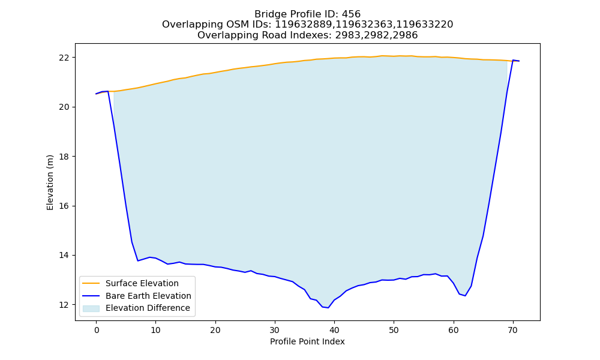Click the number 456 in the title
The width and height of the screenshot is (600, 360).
[351, 14]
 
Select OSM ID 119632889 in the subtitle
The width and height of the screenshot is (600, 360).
[304, 25]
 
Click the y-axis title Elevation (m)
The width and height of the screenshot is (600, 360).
[50, 182]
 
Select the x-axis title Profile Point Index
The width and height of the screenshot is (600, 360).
[307, 341]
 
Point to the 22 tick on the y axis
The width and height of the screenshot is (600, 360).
[64, 58]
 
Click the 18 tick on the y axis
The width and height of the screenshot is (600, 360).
[64, 157]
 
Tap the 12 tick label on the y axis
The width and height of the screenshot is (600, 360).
[64, 305]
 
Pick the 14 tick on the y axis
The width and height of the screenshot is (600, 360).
[64, 256]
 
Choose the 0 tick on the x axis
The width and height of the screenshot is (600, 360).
[97, 330]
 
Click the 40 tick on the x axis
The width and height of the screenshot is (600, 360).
[334, 330]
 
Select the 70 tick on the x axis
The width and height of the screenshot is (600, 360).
[513, 330]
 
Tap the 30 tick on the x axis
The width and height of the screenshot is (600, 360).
[275, 330]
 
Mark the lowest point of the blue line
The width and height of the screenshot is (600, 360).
[328, 308]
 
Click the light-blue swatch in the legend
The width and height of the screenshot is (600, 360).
[91, 308]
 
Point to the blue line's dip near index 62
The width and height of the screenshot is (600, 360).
[465, 296]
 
